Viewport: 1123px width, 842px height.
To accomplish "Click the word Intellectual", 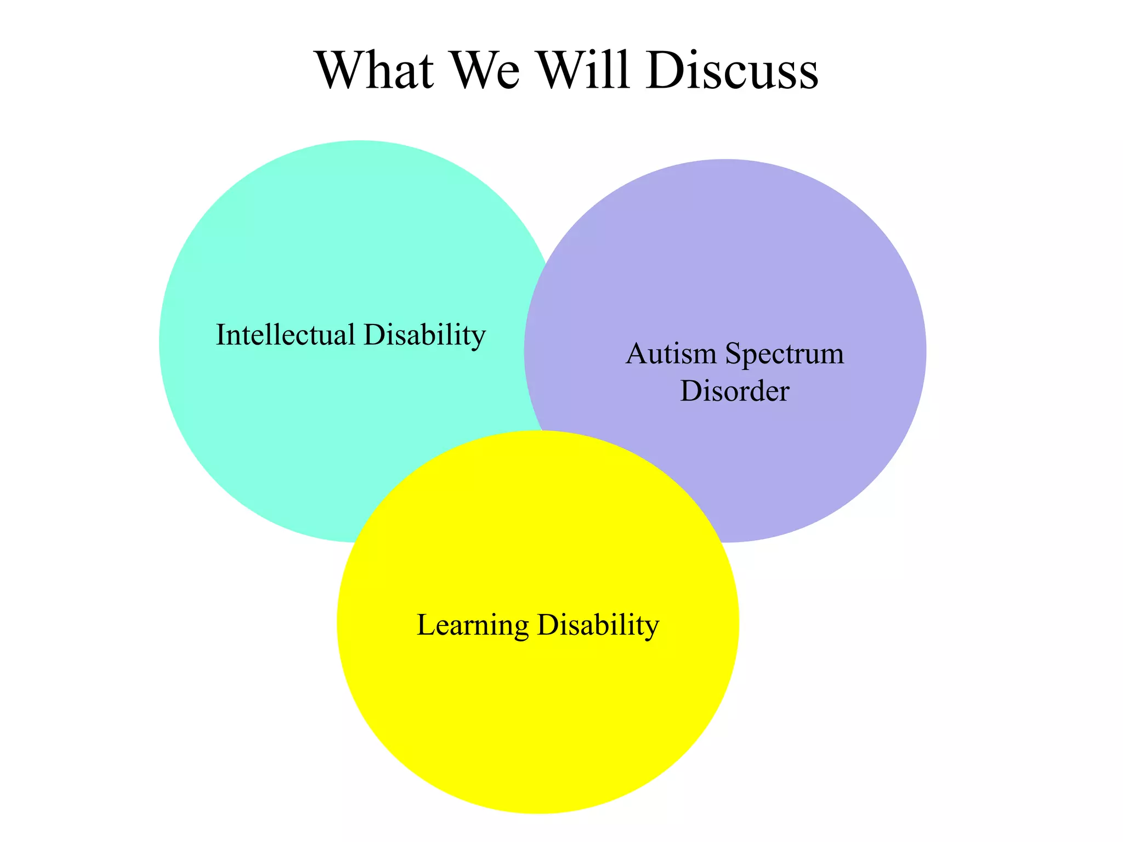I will point(285,334).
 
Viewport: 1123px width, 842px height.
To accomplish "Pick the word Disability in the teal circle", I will point(424,334).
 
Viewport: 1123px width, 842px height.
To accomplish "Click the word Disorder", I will point(734,391).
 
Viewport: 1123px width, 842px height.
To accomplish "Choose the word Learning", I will point(473,625).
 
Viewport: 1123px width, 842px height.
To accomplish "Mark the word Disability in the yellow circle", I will point(598,624).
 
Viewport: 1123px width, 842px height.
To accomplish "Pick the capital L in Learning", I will point(427,624).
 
